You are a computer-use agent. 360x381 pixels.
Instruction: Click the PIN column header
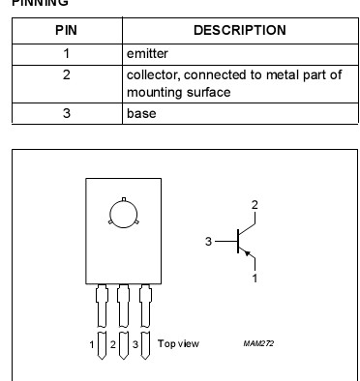66,30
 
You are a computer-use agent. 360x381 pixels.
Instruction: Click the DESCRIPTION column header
239,30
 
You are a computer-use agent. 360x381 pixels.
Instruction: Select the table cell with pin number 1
66,53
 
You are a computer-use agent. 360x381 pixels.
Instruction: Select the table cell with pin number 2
66,74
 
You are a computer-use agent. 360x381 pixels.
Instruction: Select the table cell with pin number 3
66,113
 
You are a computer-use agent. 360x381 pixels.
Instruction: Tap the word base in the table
141,113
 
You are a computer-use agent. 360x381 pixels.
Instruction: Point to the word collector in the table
154,74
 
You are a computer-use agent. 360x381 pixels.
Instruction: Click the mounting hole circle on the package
123,213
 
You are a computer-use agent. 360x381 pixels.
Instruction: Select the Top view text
178,343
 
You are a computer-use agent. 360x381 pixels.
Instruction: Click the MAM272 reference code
259,343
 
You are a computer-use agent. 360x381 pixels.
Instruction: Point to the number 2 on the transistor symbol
255,205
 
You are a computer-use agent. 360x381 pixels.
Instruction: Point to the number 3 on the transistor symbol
207,242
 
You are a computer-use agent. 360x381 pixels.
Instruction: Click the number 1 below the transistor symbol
255,278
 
